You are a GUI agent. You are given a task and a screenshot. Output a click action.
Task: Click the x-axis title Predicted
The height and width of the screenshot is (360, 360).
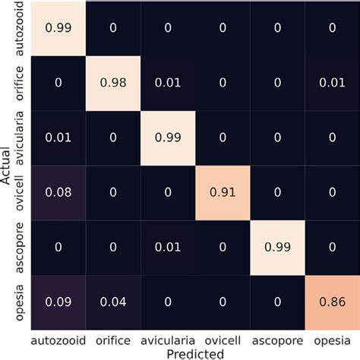[x=194, y=352]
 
